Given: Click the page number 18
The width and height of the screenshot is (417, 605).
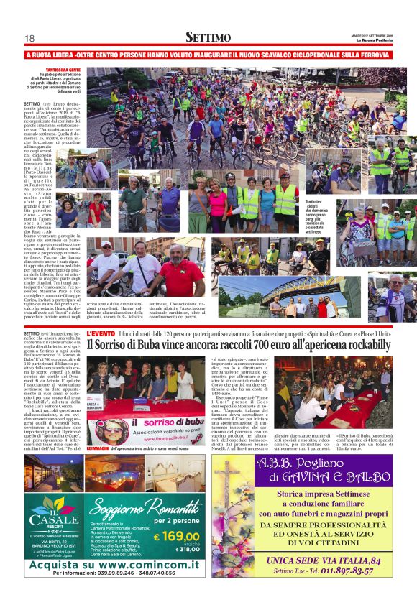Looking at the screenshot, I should pyautogui.click(x=29, y=37).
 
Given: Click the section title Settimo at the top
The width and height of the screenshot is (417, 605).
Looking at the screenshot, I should pyautogui.click(x=208, y=37).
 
